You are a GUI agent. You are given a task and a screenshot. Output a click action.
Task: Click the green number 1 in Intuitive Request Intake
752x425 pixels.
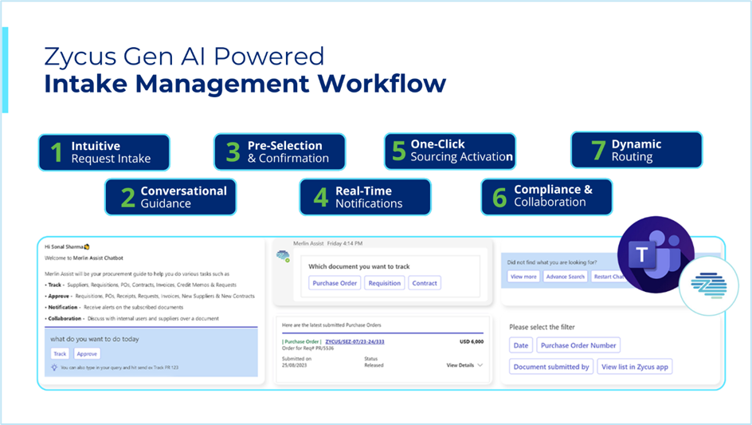coord(57,152)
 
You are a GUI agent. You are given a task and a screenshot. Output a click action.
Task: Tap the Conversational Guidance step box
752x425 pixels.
coord(170,197)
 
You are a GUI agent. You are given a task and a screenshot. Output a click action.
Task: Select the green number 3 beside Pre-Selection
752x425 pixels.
coord(233,152)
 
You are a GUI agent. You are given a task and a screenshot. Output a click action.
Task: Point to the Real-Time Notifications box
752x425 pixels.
coord(365,197)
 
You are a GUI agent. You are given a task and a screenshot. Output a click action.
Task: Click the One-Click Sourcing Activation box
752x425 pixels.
coord(450,151)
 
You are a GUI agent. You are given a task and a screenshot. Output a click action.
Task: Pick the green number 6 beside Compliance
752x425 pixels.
coord(499,197)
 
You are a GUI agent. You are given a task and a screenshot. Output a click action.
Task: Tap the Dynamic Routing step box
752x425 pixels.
coord(636,151)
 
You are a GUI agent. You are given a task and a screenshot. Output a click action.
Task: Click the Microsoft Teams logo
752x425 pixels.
coord(655,254)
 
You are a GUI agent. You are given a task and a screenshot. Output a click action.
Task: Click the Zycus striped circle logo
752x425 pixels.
coord(709,285)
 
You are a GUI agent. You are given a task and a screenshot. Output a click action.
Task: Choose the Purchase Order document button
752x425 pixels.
coord(335,283)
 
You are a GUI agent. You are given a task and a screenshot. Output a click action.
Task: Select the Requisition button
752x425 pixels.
coord(385,283)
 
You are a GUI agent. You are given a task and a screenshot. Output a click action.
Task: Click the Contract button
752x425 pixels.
coord(425,283)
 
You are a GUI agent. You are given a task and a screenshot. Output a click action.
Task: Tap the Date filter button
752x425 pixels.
coord(520,345)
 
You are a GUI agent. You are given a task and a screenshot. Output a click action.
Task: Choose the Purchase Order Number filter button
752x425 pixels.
coord(578,345)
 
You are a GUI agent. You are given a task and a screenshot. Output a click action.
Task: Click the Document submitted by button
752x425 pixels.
coord(551,367)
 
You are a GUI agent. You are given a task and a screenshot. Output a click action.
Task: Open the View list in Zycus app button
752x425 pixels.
coord(635,367)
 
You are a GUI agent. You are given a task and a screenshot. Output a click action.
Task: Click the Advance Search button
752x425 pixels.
coord(566,277)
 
